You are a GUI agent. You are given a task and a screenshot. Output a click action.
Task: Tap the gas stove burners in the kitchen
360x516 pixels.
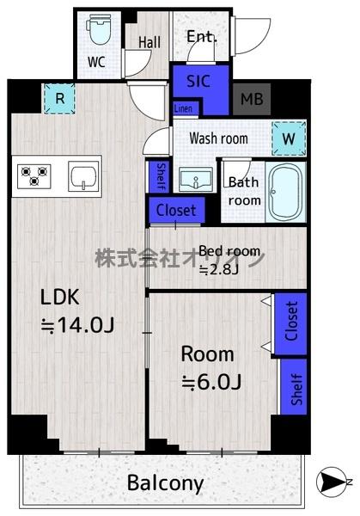coord(34,176)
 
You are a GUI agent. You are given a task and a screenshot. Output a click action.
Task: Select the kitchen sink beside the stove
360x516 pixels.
coord(83,176)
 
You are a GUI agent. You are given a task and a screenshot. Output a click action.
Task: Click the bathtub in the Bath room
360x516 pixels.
coord(286,192)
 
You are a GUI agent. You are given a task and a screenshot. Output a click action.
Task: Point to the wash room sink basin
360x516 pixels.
coord(196,179)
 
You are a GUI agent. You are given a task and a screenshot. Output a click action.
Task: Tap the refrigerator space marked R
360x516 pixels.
coord(59,98)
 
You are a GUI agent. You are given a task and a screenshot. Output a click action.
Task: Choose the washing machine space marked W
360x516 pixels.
coord(289,138)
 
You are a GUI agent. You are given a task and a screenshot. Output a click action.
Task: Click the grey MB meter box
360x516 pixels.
coord(252,99)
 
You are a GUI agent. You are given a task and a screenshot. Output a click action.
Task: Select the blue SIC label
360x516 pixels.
coord(198,82)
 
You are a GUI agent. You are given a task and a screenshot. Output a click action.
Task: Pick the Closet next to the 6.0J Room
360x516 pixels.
coord(290,324)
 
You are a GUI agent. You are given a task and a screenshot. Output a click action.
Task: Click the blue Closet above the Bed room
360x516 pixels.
coord(176,211)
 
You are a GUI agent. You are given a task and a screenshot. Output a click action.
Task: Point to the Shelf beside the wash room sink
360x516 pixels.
coord(159,176)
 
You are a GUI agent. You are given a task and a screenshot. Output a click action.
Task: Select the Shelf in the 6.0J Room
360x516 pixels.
coord(294,387)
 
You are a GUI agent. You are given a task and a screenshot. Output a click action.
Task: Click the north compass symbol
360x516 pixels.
coord(332,482)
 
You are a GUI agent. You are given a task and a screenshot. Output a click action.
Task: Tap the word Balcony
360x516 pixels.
coord(165,483)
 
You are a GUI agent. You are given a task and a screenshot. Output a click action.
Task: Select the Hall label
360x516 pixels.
coord(149,42)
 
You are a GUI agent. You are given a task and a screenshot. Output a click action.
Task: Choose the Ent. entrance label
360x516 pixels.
coord(202,36)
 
